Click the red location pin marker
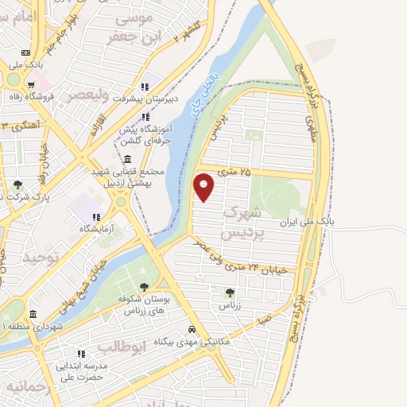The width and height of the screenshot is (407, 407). pyautogui.click(x=204, y=186)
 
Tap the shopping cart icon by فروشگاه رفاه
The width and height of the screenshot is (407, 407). pyautogui.click(x=30, y=84)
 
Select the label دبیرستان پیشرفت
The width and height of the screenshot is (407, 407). pyautogui.click(x=172, y=100)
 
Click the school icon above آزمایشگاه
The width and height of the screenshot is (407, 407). pyautogui.click(x=96, y=215)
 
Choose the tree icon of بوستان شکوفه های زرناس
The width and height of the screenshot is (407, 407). pyautogui.click(x=144, y=288)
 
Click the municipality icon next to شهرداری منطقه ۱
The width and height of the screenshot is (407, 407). pyautogui.click(x=33, y=313)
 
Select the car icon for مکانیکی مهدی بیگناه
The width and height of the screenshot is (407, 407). pyautogui.click(x=192, y=329)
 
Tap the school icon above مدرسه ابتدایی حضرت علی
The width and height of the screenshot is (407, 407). pyautogui.click(x=79, y=353)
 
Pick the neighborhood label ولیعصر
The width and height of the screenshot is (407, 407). pyautogui.click(x=83, y=95)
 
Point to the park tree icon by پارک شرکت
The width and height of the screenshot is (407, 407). pyautogui.click(x=17, y=184)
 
